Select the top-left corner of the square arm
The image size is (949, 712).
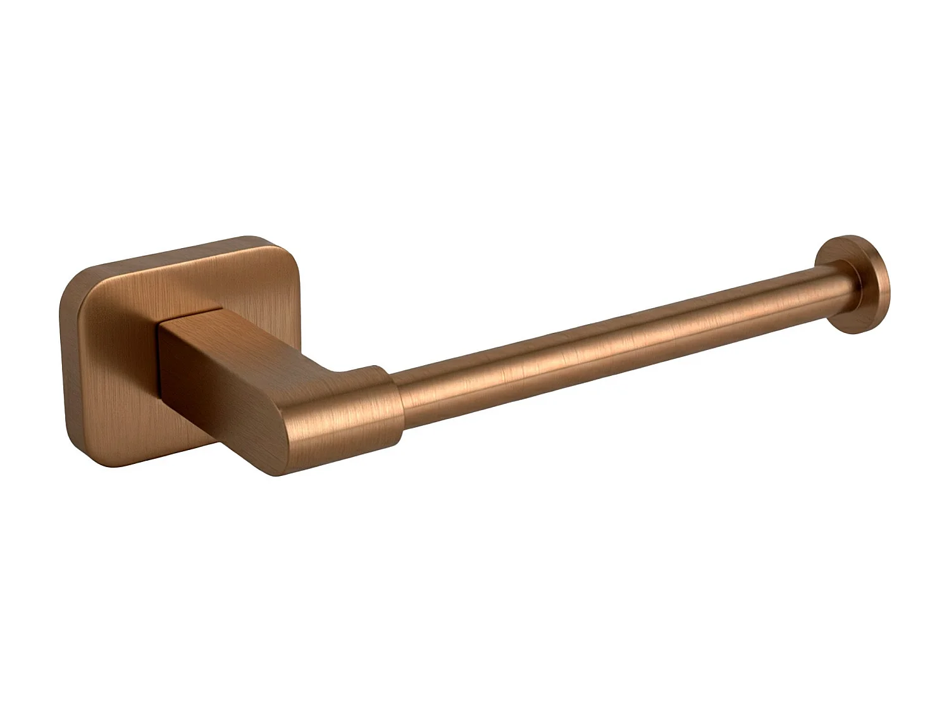(160, 322)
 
